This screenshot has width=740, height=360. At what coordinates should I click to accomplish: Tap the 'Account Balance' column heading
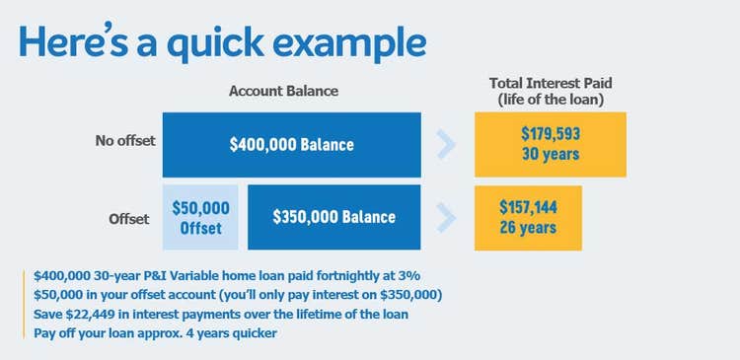click(x=283, y=91)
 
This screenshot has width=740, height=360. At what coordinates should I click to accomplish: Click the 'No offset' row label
click(x=125, y=140)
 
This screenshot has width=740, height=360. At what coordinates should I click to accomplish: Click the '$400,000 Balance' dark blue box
click(x=291, y=144)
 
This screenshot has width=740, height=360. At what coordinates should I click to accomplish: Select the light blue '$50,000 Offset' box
click(x=200, y=217)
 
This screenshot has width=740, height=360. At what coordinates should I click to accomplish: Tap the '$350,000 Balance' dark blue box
click(x=334, y=217)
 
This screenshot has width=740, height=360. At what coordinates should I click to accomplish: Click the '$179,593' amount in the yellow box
click(x=551, y=134)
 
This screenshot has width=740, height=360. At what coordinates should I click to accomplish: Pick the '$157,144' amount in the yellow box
click(x=528, y=208)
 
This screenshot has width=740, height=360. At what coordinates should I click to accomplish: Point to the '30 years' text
click(x=551, y=154)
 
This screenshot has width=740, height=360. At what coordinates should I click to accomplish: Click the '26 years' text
click(x=528, y=228)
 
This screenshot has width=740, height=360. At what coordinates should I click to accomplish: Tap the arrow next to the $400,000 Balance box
click(x=447, y=144)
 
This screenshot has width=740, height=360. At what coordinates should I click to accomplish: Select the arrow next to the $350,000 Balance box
click(x=447, y=217)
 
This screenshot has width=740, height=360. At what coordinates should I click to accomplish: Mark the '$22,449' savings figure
click(x=94, y=313)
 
